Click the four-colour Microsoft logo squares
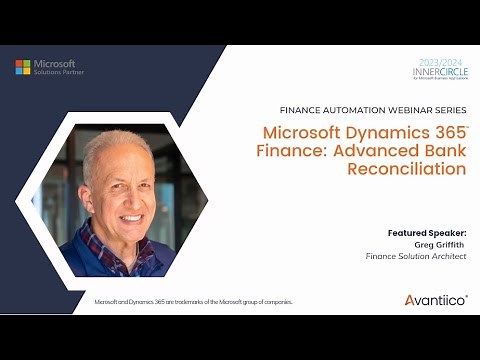coord(22,67)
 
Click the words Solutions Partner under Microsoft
coord(59,72)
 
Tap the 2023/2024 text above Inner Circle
coord(439,62)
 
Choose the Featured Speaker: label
coord(427,232)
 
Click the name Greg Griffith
coord(440,243)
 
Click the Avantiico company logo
coord(435,300)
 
